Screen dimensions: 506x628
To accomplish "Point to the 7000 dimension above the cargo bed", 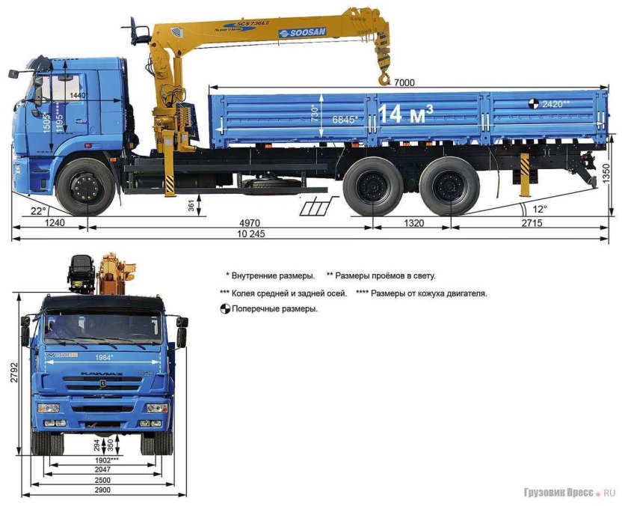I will pyautogui.click(x=404, y=82).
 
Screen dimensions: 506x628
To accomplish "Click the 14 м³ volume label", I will pyautogui.click(x=405, y=115).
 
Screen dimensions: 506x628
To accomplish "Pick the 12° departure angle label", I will pyautogui.click(x=538, y=207).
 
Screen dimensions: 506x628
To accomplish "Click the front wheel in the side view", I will pyautogui.click(x=87, y=186).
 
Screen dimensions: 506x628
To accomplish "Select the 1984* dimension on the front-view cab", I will pyautogui.click(x=102, y=359).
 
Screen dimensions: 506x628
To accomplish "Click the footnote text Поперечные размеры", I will pyautogui.click(x=274, y=309).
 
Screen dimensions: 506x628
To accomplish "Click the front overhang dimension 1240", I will pyautogui.click(x=49, y=222).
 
